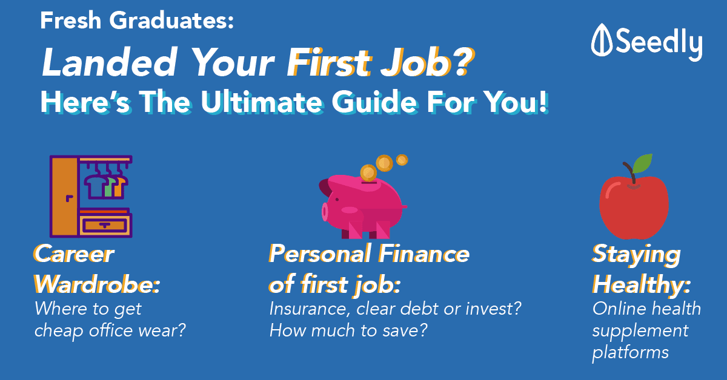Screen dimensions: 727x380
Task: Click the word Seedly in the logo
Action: coord(659,44)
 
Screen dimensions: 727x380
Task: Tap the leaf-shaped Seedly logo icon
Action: coord(602,40)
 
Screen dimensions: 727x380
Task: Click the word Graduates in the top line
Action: coord(171,21)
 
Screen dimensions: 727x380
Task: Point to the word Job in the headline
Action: coord(416,62)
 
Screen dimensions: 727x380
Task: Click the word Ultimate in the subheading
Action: coord(262,102)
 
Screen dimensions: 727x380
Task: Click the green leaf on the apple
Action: coord(643,163)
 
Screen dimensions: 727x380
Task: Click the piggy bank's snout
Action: coord(325,212)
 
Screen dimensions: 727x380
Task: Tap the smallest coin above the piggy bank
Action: coord(402,160)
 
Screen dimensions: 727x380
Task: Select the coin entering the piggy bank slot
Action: coord(369,173)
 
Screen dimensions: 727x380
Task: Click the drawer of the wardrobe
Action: coord(104,224)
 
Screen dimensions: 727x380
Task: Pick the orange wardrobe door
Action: coord(65,197)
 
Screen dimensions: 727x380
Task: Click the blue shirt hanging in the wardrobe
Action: coord(95,186)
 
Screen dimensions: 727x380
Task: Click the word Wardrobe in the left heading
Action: coord(97,284)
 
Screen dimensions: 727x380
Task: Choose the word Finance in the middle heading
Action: coord(424,254)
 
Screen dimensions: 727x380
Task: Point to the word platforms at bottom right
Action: coord(630,352)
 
